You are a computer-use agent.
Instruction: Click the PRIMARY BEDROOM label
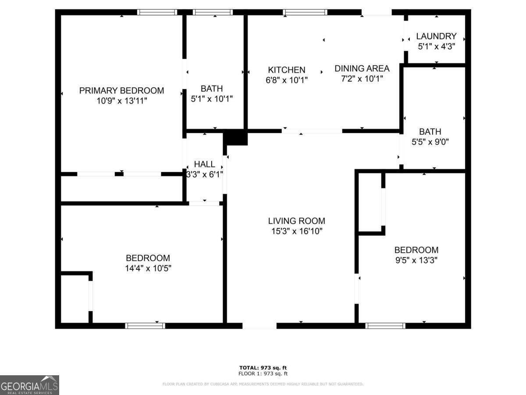[121, 91]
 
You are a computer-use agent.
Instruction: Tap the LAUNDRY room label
[436, 36]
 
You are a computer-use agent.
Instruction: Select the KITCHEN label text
[287, 70]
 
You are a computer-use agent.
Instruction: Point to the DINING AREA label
[362, 68]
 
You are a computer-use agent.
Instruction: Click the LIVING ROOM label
[296, 221]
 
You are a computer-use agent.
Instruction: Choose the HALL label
[205, 164]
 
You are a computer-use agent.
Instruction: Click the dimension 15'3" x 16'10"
[296, 231]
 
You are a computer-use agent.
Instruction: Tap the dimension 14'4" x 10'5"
[148, 268]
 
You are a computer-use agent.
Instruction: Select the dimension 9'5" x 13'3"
[416, 260]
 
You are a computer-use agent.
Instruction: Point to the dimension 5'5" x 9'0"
[430, 142]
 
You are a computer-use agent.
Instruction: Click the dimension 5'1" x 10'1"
[212, 99]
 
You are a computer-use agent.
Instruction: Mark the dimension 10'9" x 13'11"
[121, 101]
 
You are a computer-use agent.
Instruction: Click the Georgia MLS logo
[29, 385]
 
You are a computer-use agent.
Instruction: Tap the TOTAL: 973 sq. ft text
[263, 368]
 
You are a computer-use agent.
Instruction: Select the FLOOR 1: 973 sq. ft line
[263, 374]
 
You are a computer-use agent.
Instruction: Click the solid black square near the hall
[235, 137]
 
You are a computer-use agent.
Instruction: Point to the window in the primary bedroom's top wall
[157, 12]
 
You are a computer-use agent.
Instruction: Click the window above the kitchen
[305, 12]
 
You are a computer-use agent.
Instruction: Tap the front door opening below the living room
[259, 326]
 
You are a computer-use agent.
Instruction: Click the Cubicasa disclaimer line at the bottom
[263, 384]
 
